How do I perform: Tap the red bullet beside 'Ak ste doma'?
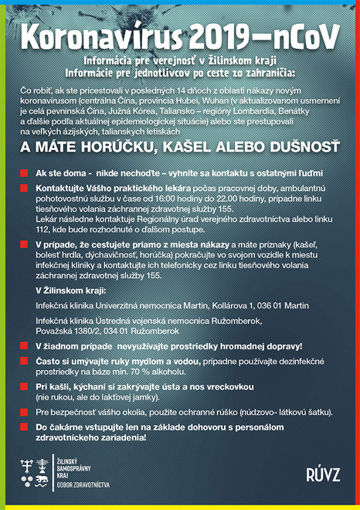(25, 172)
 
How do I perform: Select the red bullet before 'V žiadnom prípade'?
(25, 345)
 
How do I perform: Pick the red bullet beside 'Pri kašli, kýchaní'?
(25, 385)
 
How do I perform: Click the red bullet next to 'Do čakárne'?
(25, 426)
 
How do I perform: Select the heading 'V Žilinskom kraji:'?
(72, 290)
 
